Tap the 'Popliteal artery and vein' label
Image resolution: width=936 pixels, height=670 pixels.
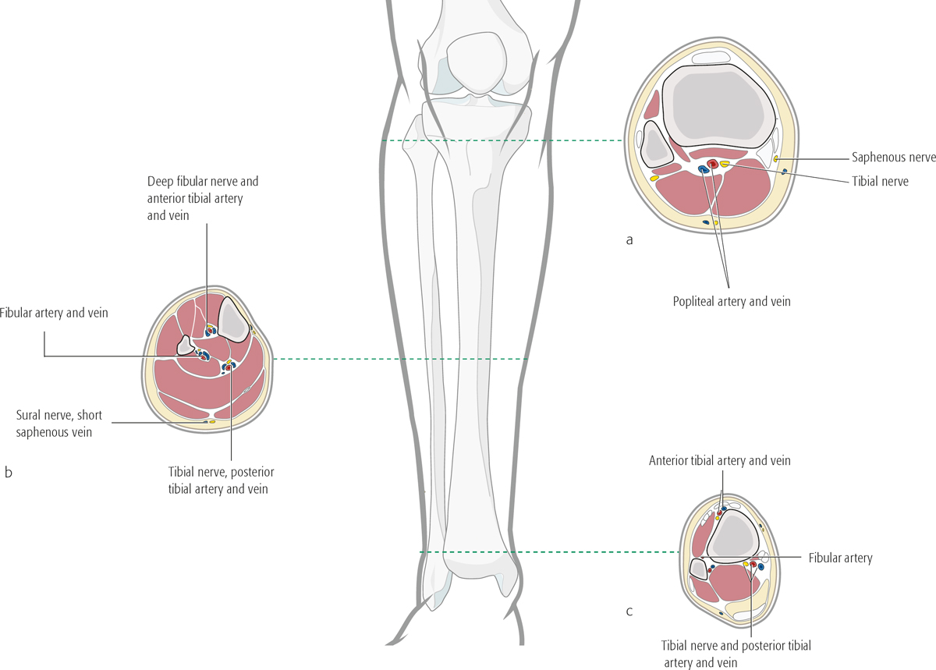pos(731,301)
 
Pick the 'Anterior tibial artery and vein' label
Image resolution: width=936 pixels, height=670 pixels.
pos(719,461)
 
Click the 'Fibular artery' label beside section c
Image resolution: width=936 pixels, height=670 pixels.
pos(840,558)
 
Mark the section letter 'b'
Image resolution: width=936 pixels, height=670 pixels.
pos(8,472)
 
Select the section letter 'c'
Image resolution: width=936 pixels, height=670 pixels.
pos(629,611)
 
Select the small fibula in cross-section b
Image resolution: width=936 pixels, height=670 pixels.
pos(186,344)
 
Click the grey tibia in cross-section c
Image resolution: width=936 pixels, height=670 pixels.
pos(732,534)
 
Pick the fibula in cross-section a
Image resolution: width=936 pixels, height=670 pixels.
pos(654,144)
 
